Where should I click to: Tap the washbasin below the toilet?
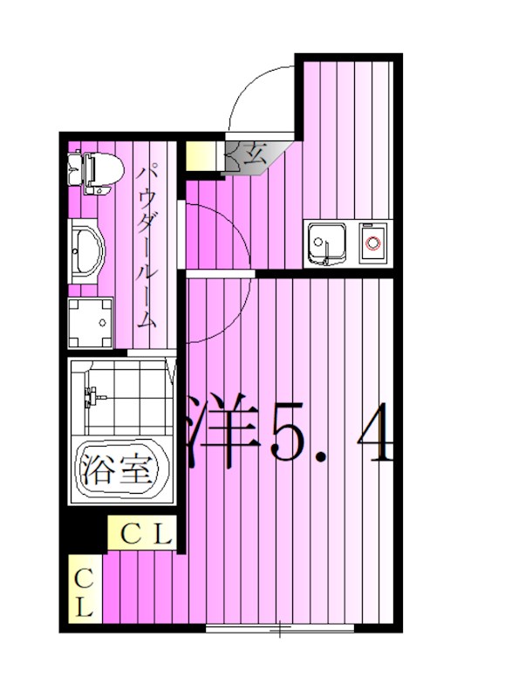[86, 250]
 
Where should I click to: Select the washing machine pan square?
[92, 321]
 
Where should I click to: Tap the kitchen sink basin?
[325, 242]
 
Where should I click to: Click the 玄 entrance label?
[254, 158]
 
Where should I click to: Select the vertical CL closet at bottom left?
[85, 592]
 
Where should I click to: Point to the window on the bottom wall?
[279, 627]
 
